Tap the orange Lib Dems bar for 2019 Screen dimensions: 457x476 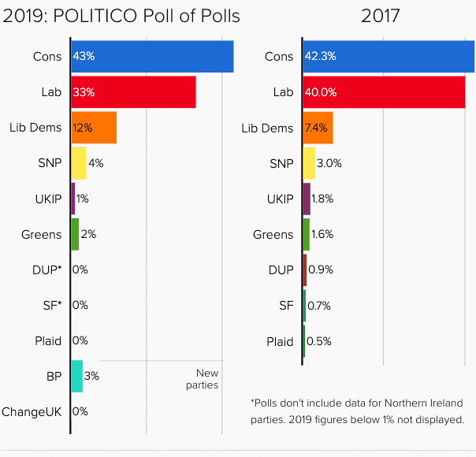94,128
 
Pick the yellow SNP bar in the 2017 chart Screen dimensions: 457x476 309,163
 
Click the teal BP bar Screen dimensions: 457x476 76,376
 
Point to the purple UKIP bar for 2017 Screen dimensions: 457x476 307,199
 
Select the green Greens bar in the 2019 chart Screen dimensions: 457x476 75,234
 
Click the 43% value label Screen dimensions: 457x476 84,57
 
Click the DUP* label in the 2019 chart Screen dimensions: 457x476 46,269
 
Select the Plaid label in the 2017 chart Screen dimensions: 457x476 280,341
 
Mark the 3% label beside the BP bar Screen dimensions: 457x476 91,376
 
